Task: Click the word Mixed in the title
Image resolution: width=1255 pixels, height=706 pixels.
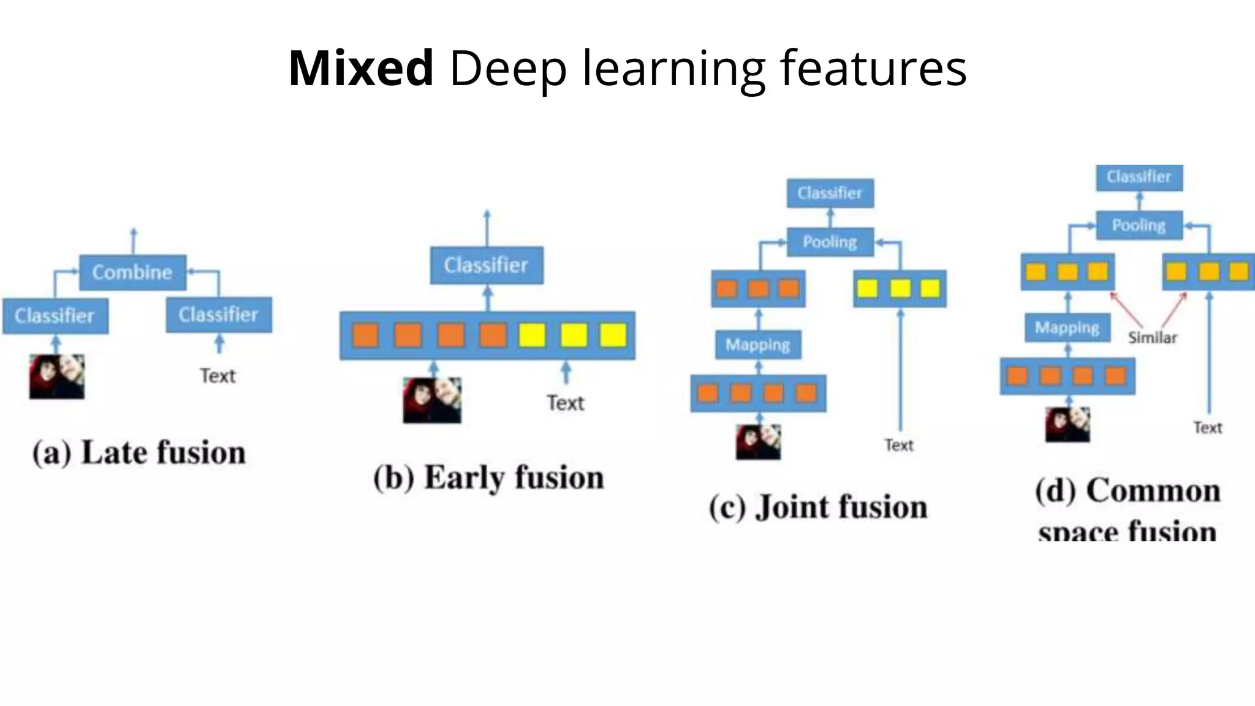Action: point(361,69)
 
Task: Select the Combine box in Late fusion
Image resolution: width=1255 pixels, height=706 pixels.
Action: point(132,272)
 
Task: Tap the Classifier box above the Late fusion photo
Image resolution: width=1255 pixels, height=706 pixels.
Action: point(55,316)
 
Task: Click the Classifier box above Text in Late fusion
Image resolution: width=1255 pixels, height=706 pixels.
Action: point(219,315)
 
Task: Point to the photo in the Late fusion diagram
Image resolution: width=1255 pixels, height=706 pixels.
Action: point(57,376)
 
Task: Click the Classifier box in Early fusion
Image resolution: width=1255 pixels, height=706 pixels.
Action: point(487,265)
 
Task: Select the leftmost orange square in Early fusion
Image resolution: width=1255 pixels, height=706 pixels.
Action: point(366,335)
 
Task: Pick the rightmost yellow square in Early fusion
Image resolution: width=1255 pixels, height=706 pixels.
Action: point(613,335)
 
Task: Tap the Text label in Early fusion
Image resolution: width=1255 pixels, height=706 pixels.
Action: point(565,403)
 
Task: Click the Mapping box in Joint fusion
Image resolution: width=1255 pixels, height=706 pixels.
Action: point(758,345)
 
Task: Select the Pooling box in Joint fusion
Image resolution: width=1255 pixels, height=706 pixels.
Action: point(830,242)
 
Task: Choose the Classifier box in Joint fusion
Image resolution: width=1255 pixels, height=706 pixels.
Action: point(830,194)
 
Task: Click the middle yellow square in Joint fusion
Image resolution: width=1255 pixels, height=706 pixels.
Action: point(900,289)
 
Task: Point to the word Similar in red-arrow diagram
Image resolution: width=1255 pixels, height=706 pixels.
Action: point(1153,338)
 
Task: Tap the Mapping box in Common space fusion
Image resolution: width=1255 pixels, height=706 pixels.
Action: point(1067,328)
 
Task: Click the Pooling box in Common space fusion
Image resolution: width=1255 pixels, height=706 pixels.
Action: point(1139,226)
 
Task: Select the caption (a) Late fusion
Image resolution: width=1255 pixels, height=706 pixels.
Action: point(139,453)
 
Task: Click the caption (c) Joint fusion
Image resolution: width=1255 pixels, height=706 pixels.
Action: point(818,507)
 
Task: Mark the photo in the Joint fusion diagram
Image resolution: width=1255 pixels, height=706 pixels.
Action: point(759,442)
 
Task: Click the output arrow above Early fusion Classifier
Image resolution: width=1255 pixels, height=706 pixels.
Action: point(487,227)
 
